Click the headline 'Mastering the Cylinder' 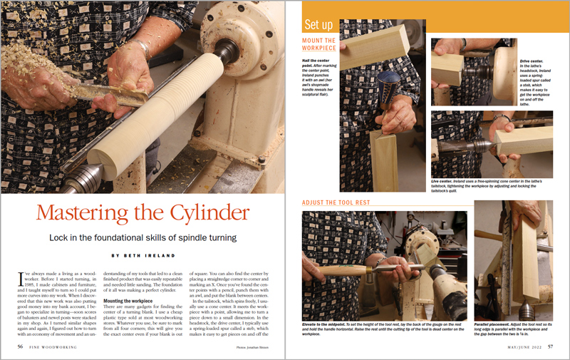(x=143, y=212)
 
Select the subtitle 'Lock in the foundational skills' (x=142, y=237)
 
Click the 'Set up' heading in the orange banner (x=318, y=24)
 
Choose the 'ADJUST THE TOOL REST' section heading (x=336, y=203)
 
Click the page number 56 (x=21, y=346)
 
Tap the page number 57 (x=551, y=346)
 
